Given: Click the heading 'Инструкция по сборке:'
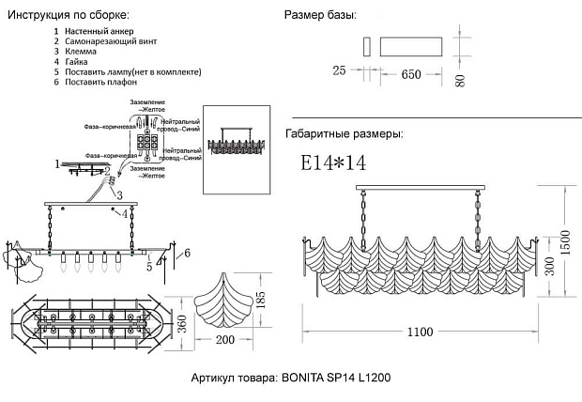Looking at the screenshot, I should (x=69, y=16).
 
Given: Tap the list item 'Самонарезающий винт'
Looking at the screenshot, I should (x=110, y=42).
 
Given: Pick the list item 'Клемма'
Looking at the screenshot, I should (x=79, y=52).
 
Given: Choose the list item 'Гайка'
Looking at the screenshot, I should (x=76, y=62).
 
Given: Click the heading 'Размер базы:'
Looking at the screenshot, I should (x=320, y=16).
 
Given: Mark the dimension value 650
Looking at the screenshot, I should (x=411, y=74).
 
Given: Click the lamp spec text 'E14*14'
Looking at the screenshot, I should (x=333, y=163).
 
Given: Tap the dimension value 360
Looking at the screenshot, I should (x=186, y=323).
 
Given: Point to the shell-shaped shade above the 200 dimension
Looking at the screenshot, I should (x=224, y=296).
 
